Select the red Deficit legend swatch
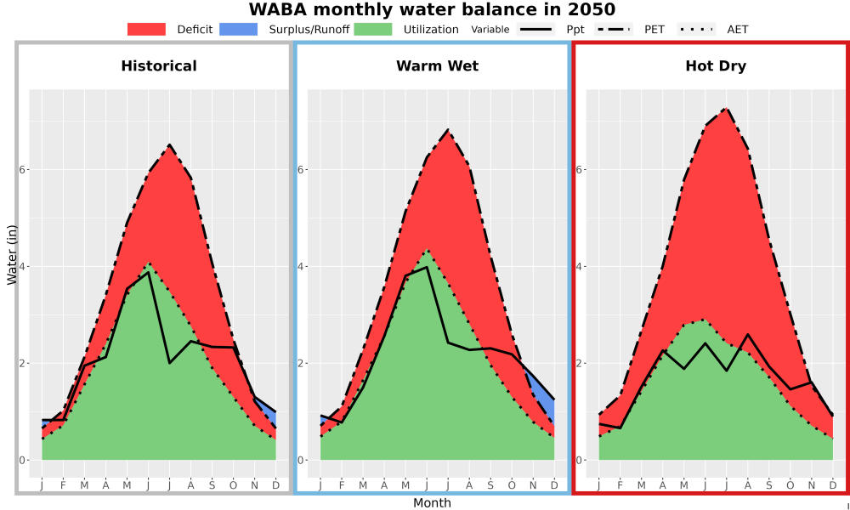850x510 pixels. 146,30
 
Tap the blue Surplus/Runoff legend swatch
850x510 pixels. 239,30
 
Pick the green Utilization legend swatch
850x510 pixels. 373,30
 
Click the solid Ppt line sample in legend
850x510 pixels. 535,30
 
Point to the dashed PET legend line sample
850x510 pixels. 613,30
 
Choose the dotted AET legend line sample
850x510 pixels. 696,30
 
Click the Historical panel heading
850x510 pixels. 159,66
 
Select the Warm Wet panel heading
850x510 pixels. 438,66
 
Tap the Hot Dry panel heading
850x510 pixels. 716,66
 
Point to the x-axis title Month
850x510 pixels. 432,503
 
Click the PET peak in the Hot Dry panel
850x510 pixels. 726,109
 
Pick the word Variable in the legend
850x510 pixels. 490,30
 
